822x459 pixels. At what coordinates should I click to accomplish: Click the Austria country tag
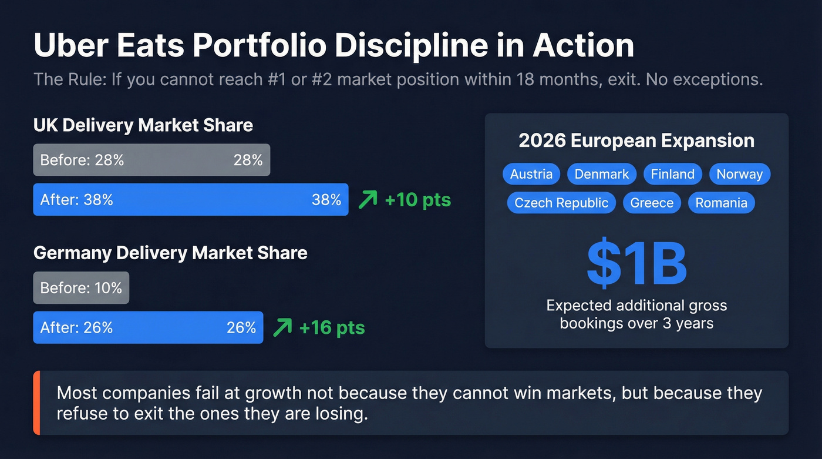531,174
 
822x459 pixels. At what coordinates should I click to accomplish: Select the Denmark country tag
601,174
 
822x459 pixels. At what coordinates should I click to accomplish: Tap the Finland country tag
673,174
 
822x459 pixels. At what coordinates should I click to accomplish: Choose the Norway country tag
739,174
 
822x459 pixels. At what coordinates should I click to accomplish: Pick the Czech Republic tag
561,203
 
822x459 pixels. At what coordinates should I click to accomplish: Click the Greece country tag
652,203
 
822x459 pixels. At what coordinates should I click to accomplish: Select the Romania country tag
721,203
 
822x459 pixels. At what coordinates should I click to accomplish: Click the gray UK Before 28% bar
151,160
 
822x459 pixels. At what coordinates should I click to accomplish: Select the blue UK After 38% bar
190,200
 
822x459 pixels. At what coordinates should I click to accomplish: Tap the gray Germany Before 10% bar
81,288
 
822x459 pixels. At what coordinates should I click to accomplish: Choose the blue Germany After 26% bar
148,327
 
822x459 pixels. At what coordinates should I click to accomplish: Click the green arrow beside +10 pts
368,200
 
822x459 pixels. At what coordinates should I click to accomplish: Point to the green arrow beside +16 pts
282,327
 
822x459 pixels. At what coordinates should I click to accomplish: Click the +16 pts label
332,327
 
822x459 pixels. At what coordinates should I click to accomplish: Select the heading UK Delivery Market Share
143,125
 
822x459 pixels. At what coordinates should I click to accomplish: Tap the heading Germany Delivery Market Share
170,253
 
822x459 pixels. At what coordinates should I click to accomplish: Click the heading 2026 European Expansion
636,141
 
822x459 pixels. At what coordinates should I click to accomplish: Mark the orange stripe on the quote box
36,403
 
